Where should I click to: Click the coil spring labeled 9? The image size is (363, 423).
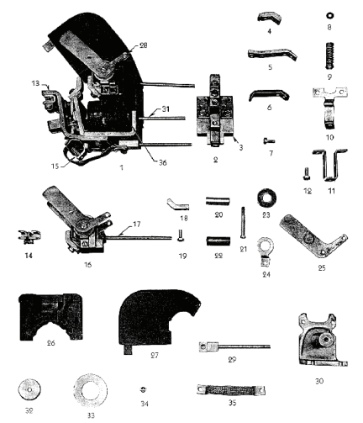(330, 56)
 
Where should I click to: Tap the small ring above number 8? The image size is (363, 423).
(329, 16)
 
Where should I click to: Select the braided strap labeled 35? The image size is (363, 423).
(231, 390)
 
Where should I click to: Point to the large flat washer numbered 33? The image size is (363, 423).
(91, 391)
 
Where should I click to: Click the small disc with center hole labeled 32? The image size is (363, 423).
(29, 390)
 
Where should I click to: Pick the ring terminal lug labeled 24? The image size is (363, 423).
(264, 251)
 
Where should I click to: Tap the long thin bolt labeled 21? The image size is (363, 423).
(243, 223)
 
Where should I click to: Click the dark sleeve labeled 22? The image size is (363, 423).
(218, 241)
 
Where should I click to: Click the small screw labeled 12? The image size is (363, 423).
(306, 174)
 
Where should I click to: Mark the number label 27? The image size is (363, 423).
(155, 356)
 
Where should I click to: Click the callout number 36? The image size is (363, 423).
(163, 162)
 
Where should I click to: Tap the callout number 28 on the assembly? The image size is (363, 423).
(144, 45)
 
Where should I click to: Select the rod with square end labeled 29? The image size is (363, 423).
(234, 347)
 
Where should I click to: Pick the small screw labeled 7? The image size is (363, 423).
(269, 141)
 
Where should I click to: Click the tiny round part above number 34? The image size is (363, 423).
(144, 389)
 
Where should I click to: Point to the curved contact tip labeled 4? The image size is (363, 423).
(269, 18)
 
